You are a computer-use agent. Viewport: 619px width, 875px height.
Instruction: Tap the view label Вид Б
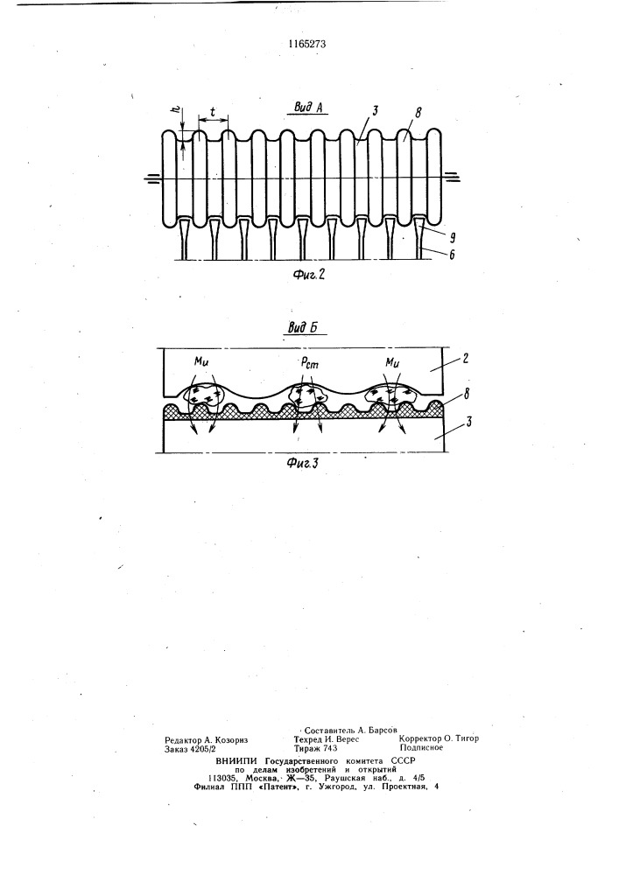303,327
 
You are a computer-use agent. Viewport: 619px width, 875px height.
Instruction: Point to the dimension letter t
214,111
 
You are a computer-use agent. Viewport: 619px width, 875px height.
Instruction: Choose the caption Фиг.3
303,463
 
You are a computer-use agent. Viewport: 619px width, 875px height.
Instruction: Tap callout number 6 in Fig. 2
452,255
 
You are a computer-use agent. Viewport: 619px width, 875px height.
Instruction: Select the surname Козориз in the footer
229,739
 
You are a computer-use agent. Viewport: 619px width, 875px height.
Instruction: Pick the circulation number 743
329,748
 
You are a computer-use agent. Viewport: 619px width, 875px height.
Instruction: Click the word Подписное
421,747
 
